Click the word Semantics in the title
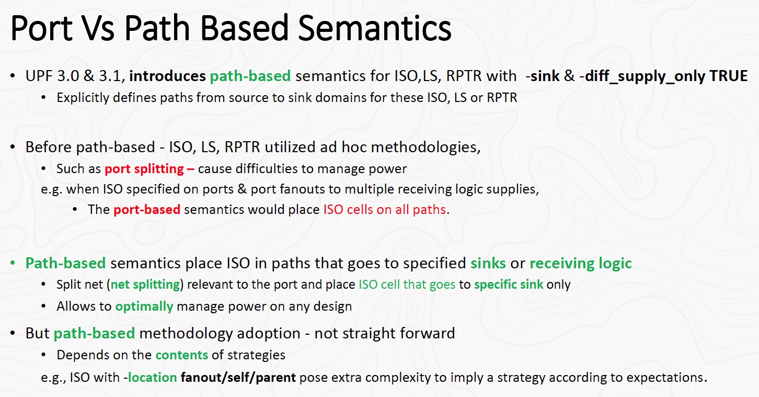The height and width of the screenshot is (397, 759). coord(375,28)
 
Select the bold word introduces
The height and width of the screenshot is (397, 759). coord(167,76)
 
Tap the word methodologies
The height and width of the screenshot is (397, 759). coord(425,148)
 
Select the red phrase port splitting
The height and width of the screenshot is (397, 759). coord(144,169)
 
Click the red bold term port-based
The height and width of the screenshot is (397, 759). coord(147,210)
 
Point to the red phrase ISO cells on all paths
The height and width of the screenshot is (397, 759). coord(385,210)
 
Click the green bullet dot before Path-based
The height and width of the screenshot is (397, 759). coord(13,263)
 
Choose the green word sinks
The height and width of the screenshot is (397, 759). coord(488,264)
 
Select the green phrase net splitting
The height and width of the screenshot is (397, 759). coord(145,285)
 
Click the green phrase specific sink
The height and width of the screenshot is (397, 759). coord(509,285)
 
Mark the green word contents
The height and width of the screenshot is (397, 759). coord(181,355)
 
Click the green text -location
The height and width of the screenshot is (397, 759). coord(150,377)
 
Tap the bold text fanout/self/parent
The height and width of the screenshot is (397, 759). coord(238,378)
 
